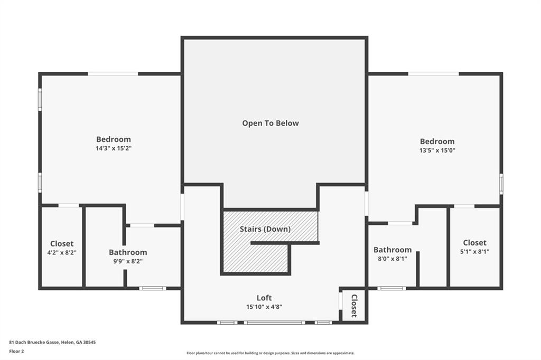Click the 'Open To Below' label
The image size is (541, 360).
tap(270, 123)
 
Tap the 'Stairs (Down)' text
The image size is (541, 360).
tap(265, 229)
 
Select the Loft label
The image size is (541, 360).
tap(264, 298)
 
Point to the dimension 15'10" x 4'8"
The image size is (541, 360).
tap(264, 307)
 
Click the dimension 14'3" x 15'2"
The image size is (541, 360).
tap(114, 148)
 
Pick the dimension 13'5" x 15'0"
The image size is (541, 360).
tap(437, 150)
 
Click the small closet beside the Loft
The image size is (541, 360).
tap(353, 305)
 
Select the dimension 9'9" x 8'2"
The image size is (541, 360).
tap(128, 261)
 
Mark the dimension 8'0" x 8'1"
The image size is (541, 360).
tap(393, 259)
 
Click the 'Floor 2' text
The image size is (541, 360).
tap(17, 350)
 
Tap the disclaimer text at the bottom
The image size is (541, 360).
tap(270, 353)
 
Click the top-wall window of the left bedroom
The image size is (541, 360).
tap(113, 73)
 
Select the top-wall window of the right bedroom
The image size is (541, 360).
tap(433, 73)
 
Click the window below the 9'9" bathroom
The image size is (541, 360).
tap(153, 288)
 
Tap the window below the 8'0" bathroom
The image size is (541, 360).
tap(391, 288)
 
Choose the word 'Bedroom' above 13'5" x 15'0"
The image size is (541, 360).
tap(437, 141)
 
